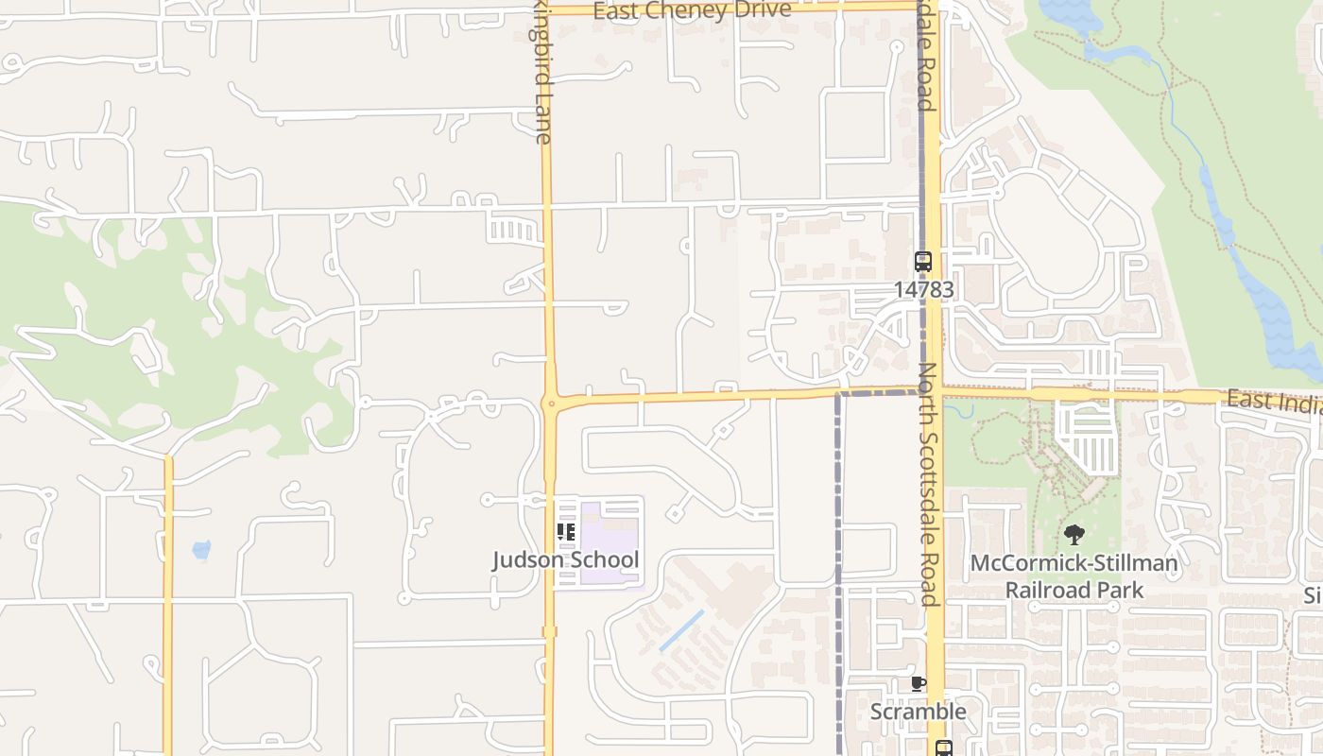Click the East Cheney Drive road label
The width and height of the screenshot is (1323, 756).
pos(692,10)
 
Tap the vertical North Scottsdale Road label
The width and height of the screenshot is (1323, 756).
pos(927,482)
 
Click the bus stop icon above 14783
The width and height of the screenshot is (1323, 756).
pos(922,262)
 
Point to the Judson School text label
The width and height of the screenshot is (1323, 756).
pos(565,559)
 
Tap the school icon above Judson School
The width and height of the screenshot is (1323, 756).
pos(566,532)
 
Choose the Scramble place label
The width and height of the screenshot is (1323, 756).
pos(918,712)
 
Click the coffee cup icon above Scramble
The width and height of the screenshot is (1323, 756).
pos(918,683)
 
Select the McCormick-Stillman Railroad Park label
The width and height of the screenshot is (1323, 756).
pos(1074,576)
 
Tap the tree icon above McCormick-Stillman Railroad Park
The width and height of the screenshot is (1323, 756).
pos(1074,535)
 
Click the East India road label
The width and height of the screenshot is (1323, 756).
pos(1274,401)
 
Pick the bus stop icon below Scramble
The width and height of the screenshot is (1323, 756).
pos(942,748)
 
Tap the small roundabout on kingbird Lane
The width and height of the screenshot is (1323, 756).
pos(550,404)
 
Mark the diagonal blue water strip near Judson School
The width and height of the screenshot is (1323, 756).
pos(680,630)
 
